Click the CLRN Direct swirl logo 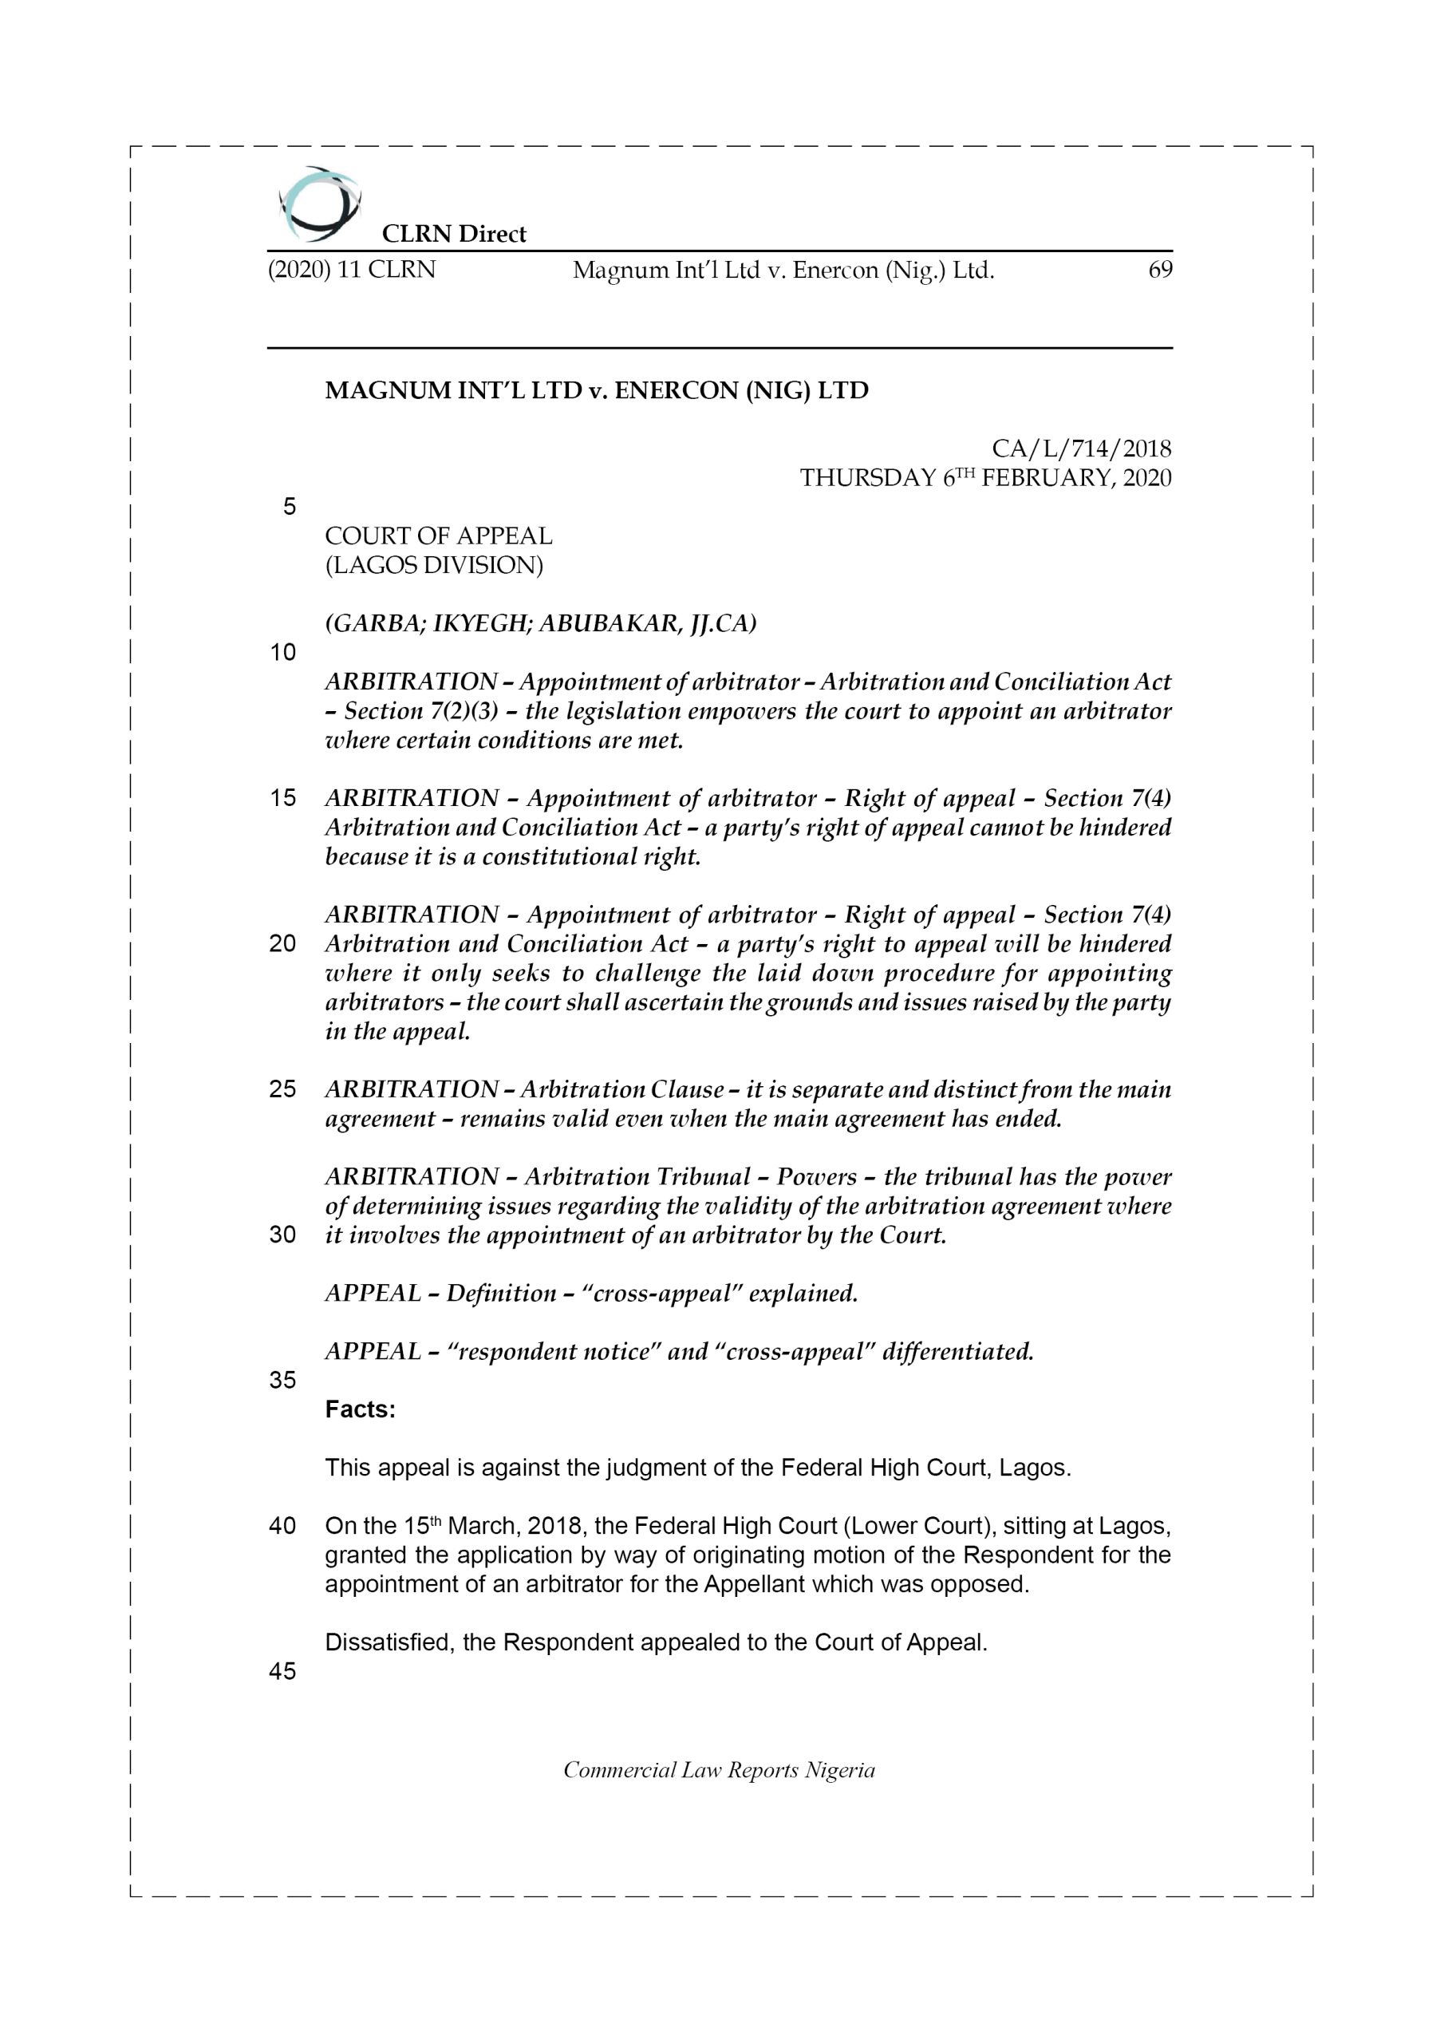click(x=319, y=204)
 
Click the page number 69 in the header click(x=1159, y=270)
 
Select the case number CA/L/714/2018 click(x=1081, y=449)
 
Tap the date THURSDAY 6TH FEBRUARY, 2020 click(x=985, y=478)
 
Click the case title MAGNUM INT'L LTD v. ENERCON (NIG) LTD click(x=596, y=390)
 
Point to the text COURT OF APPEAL click(x=438, y=535)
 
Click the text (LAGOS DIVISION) click(x=433, y=565)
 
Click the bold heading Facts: click(x=360, y=1409)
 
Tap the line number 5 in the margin click(x=289, y=506)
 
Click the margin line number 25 click(x=282, y=1089)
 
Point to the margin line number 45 click(x=282, y=1671)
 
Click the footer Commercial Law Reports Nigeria click(x=719, y=1770)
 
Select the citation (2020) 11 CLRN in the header click(x=352, y=270)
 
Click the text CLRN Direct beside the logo click(x=454, y=234)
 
